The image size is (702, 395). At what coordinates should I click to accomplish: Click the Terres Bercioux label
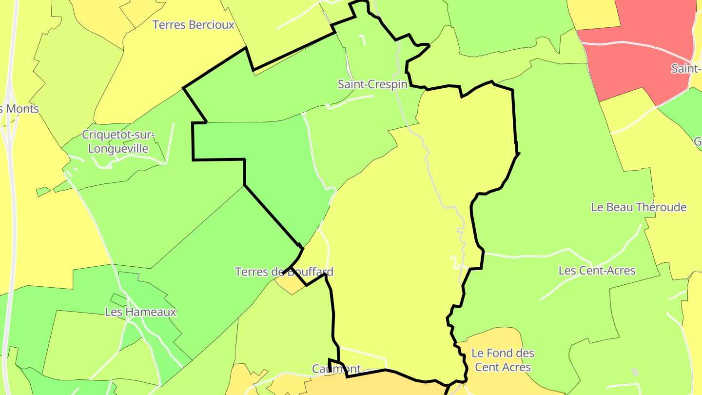[x=194, y=25]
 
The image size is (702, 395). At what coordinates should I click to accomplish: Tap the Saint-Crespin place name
[x=372, y=84]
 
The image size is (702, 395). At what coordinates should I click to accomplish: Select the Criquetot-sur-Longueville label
[x=118, y=141]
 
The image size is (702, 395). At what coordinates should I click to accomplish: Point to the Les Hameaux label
[x=140, y=312]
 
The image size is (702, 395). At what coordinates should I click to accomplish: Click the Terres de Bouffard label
[x=284, y=272]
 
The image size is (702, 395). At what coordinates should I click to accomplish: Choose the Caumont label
[x=336, y=369]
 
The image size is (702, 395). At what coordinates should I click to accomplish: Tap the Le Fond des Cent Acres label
[x=503, y=360]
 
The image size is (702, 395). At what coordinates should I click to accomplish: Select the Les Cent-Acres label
[x=597, y=270]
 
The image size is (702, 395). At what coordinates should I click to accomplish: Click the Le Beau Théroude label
[x=639, y=207]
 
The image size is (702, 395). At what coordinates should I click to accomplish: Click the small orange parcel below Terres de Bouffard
[x=291, y=284]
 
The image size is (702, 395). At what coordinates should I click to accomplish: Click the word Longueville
[x=118, y=148]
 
